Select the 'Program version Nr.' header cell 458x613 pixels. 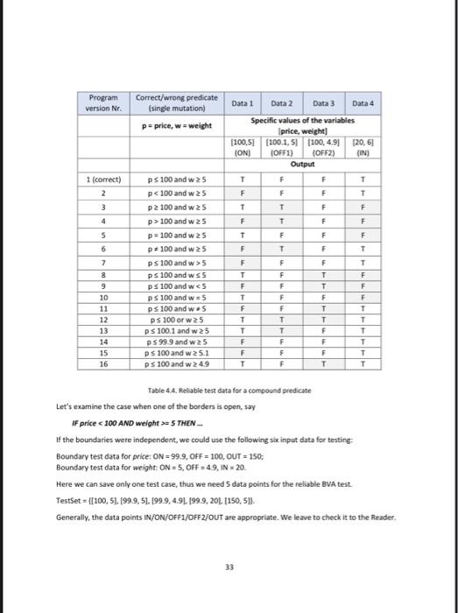click(104, 102)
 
